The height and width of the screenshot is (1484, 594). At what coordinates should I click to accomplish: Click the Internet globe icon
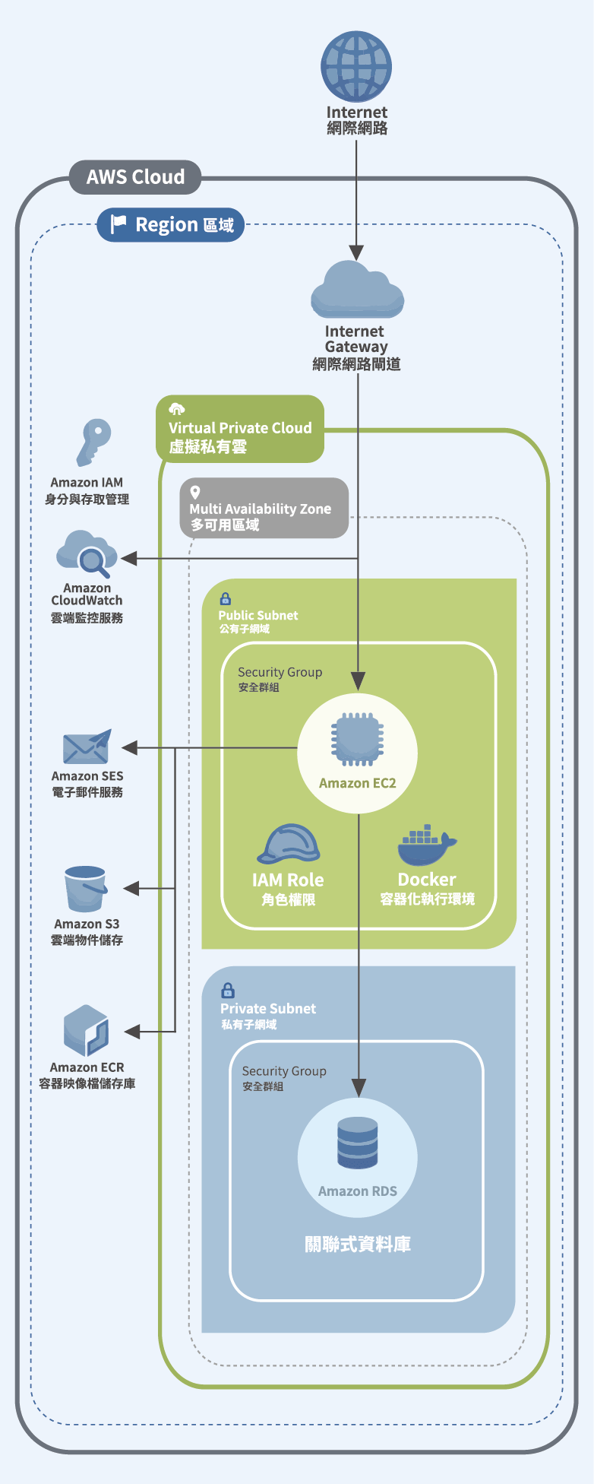(x=356, y=66)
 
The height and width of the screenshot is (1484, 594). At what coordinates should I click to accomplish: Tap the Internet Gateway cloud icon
(x=357, y=290)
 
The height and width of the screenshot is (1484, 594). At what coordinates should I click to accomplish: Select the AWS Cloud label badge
(x=135, y=177)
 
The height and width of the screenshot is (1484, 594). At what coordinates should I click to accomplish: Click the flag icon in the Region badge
(x=118, y=224)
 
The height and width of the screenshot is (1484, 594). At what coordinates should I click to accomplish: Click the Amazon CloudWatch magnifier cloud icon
(x=87, y=554)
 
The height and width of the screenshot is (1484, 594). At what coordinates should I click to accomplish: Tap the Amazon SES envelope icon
(x=87, y=747)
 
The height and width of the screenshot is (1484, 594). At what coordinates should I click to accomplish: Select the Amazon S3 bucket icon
(x=85, y=889)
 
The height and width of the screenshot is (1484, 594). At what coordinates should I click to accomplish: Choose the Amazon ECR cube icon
(x=87, y=1031)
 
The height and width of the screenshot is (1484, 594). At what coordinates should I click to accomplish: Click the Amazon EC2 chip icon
(x=357, y=739)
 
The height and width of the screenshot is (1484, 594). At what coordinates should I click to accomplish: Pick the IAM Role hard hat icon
(x=288, y=845)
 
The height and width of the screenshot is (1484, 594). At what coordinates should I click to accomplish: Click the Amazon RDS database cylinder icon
(x=357, y=1142)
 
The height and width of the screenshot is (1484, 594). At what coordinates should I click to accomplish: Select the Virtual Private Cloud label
(x=240, y=428)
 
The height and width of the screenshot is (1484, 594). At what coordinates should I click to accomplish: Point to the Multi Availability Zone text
(x=260, y=509)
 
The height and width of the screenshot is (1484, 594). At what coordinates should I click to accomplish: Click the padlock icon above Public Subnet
(x=225, y=599)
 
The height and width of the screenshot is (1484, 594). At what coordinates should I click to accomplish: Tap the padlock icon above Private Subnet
(x=227, y=991)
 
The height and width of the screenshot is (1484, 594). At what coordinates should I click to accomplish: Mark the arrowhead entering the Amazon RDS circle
(x=358, y=1088)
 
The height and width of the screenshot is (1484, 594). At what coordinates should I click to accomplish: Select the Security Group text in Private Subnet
(x=284, y=1071)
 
